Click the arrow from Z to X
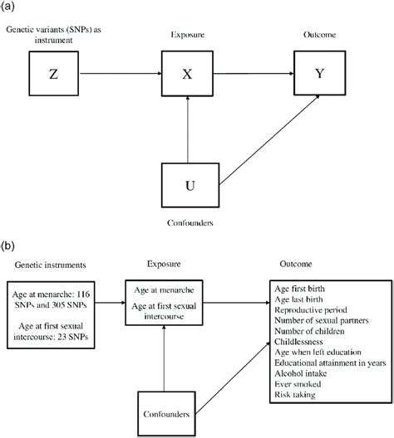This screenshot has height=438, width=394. pyautogui.click(x=121, y=74)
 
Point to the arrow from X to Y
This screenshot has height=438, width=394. pyautogui.click(x=254, y=74)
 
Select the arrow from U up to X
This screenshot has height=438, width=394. pyautogui.click(x=188, y=129)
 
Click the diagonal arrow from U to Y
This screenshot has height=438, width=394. pyautogui.click(x=269, y=140)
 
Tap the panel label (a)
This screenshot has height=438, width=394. pyautogui.click(x=7, y=6)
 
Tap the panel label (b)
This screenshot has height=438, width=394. pyautogui.click(x=7, y=246)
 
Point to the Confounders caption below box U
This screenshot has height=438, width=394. pyautogui.click(x=190, y=222)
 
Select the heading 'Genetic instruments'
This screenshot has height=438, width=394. pyautogui.click(x=51, y=265)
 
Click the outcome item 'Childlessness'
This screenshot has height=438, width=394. pyautogui.click(x=298, y=342)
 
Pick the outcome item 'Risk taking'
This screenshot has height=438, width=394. pyautogui.click(x=295, y=395)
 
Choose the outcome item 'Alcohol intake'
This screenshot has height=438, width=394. pyautogui.click(x=301, y=373)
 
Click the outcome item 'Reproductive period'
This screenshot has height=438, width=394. pyautogui.click(x=311, y=309)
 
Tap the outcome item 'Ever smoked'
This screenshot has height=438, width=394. pyautogui.click(x=298, y=384)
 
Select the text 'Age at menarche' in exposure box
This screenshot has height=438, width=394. pyautogui.click(x=164, y=290)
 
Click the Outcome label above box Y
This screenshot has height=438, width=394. pyautogui.click(x=319, y=35)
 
